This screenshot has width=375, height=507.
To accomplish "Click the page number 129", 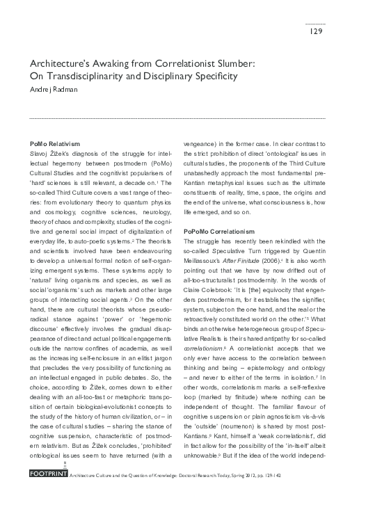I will coord(315,32).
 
